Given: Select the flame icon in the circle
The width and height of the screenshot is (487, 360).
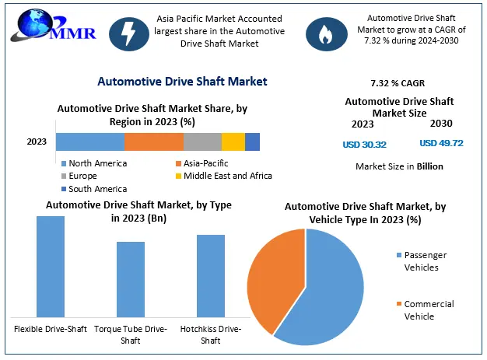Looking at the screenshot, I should (x=321, y=32).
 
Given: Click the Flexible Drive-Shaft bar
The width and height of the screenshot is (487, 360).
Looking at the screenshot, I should (x=51, y=265).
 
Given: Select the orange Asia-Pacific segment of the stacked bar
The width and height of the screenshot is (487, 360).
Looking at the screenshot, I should (x=153, y=142).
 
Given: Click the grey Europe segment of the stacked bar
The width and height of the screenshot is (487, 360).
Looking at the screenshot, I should (x=202, y=142).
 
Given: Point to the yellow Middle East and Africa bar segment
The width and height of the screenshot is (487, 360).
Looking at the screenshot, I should (x=233, y=142).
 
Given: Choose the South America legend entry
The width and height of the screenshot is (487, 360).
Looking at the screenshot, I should (x=96, y=188).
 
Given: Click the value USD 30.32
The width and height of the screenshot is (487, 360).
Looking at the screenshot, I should (x=364, y=144).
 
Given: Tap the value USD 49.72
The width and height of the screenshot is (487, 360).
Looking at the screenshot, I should (x=441, y=143).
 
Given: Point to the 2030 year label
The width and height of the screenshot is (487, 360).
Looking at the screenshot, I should (x=440, y=124).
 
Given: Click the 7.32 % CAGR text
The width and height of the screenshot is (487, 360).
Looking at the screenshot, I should (x=398, y=82).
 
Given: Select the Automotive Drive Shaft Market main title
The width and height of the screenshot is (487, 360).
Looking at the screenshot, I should (x=182, y=81).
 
